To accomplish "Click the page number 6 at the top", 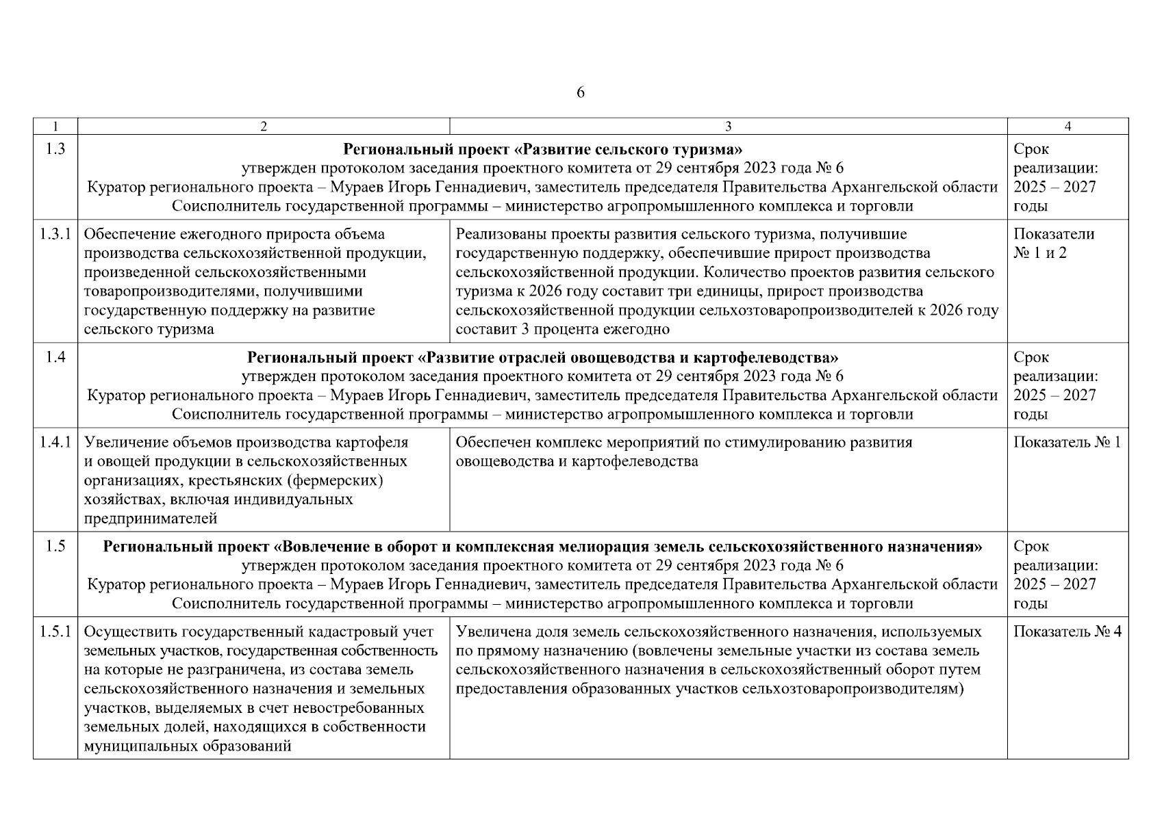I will pos(581,93).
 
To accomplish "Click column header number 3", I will pos(728,126).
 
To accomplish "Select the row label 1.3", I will pos(55,149).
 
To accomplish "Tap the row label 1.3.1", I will pos(55,234).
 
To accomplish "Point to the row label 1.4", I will pos(55,357).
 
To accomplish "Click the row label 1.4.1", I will pos(55,442).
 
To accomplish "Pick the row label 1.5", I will pos(55,547).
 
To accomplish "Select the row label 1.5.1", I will pos(55,631).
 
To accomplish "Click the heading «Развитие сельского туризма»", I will pos(542,149).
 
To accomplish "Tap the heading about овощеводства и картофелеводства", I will pos(542,357).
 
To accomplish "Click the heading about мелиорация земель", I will pos(542,547).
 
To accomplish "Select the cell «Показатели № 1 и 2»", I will pos(1053,244).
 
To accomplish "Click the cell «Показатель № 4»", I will pos(1067,631).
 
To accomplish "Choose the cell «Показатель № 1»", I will pos(1067,442).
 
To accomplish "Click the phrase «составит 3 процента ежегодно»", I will pos(562,330).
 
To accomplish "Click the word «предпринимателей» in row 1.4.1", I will pos(151,519).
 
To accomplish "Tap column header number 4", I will pos(1068,126).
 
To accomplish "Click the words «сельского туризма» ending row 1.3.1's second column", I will pos(149,330).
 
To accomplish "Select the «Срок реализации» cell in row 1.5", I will pos(1055,575).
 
